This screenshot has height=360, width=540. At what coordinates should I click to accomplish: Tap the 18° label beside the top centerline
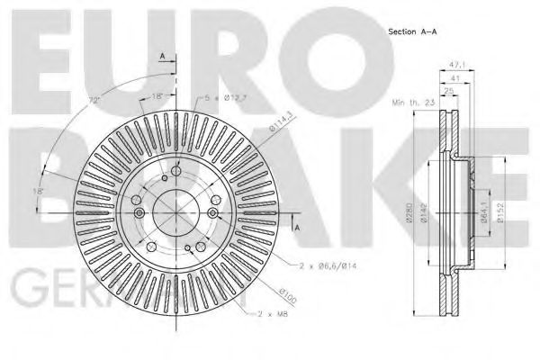[x=158, y=94]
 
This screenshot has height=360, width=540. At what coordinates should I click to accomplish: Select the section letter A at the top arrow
[x=162, y=56]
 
